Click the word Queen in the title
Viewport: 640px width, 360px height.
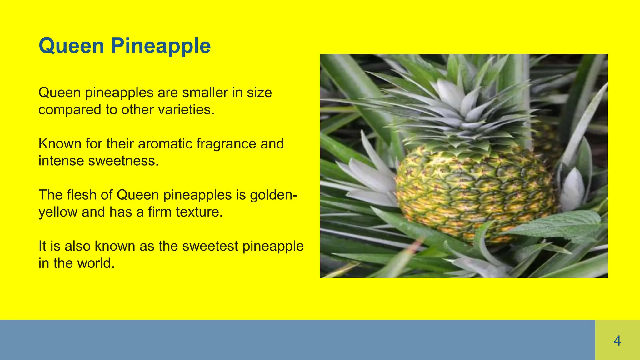pos(71,46)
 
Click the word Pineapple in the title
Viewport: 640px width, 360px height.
pos(161,46)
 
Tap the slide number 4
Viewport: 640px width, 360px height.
pos(617,341)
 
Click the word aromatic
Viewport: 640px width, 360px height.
pos(165,144)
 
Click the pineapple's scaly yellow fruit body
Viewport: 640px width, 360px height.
pos(475,194)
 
